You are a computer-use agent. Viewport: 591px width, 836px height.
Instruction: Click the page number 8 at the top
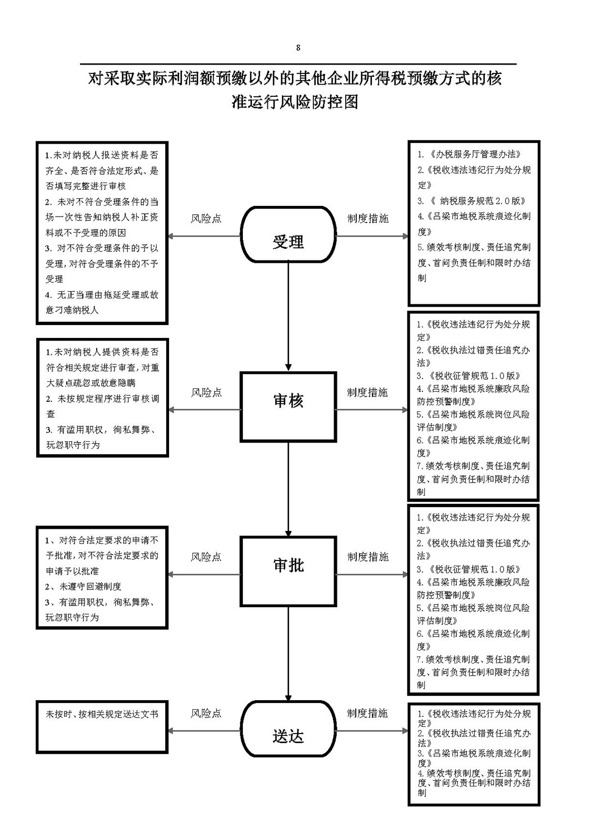[x=298, y=48]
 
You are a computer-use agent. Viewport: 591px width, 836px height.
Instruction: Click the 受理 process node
[x=288, y=234]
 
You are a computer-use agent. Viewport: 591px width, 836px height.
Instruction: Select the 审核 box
[x=288, y=407]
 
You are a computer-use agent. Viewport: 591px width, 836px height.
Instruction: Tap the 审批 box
[x=288, y=572]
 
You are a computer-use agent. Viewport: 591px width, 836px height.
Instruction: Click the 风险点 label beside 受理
[x=206, y=218]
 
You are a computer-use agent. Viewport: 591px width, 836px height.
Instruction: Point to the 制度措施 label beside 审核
[x=367, y=392]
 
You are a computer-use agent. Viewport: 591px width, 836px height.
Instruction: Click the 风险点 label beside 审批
[x=206, y=557]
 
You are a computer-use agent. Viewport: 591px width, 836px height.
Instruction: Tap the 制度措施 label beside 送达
[x=367, y=713]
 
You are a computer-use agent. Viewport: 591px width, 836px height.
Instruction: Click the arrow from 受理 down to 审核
[x=288, y=317]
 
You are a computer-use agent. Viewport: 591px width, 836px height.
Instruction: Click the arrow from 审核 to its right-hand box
[x=372, y=410]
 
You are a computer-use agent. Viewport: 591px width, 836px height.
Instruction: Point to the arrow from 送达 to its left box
[x=205, y=731]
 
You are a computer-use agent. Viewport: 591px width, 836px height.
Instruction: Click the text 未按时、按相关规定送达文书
[x=102, y=714]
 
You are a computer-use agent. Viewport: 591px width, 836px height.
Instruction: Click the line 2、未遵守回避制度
[x=83, y=586]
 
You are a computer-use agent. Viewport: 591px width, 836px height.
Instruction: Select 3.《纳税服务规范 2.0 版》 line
[x=471, y=201]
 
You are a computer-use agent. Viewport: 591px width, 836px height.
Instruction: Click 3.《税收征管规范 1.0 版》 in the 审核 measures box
[x=468, y=376]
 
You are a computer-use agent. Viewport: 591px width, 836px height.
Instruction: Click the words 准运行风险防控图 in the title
[x=295, y=102]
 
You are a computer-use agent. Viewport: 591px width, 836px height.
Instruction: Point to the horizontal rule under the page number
[x=299, y=64]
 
